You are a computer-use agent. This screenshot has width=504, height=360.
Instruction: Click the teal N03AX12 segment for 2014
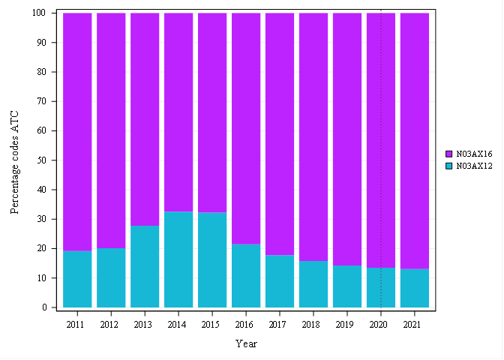[x=178, y=259]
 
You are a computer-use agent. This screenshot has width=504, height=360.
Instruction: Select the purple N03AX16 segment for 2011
[x=77, y=132]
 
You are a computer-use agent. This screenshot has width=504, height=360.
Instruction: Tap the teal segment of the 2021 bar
[x=415, y=288]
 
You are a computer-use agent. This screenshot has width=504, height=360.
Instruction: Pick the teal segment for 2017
[x=280, y=281]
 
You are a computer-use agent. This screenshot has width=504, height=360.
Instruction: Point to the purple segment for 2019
[x=347, y=139]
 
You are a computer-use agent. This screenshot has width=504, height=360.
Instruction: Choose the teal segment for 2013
[x=145, y=266]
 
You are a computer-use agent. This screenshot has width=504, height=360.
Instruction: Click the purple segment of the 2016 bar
[x=246, y=128]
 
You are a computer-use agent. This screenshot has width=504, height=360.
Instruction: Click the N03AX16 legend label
[x=475, y=154]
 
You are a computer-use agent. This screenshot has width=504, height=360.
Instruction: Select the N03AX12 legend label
[x=475, y=166]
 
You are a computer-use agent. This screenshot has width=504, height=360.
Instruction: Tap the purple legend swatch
[x=448, y=154]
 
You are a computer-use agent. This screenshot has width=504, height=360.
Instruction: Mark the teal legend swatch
[x=448, y=166]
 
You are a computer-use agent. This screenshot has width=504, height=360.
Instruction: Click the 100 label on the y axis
[x=40, y=13]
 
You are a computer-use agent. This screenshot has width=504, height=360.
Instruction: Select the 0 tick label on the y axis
[x=44, y=307]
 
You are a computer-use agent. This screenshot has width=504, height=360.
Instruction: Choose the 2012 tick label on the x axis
[x=109, y=325]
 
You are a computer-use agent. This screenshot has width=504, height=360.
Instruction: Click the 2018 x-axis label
[x=310, y=325]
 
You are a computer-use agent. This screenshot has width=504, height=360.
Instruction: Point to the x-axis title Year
[x=246, y=344]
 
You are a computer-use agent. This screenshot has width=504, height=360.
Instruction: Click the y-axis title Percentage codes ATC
[x=15, y=163]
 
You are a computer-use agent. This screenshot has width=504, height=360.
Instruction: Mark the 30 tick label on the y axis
[x=42, y=219]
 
